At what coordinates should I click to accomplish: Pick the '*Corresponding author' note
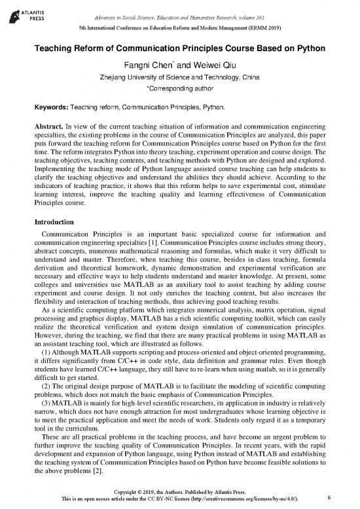(179, 88)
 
